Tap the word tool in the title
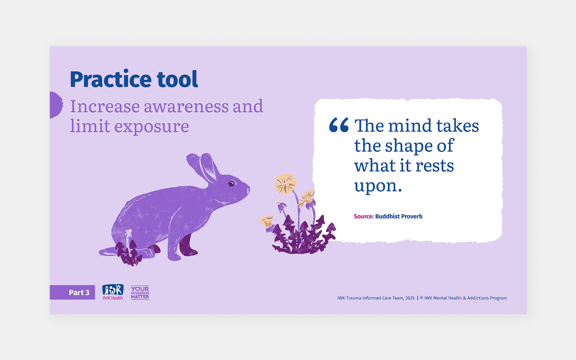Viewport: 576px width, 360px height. pos(177,80)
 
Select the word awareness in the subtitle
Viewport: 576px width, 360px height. pos(186,107)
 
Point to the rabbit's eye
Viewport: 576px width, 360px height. pos(231,184)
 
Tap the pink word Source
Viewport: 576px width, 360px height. pos(363,216)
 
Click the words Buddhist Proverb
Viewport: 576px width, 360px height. pos(399,216)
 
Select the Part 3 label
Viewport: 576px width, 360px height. pos(79,292)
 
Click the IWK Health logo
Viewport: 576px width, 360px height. pos(113,292)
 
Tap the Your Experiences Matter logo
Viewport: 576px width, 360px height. pos(140,292)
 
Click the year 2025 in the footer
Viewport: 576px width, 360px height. pos(410,298)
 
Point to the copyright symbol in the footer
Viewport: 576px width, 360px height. pos(422,298)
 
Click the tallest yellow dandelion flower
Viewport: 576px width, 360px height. pos(285,183)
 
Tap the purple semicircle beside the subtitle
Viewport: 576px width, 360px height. pos(56,105)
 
